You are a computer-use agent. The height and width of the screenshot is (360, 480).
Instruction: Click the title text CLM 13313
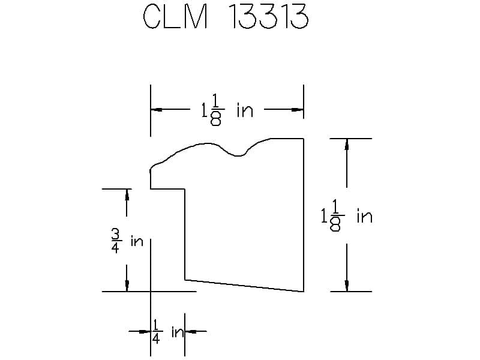tap(226, 18)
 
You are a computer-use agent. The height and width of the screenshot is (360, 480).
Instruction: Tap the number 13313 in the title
tap(268, 18)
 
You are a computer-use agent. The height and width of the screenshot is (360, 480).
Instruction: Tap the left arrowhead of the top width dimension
tap(157, 110)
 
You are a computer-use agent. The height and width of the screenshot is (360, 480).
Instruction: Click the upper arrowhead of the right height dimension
tap(346, 145)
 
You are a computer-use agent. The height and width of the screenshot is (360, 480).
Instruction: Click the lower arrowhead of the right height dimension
tap(346, 285)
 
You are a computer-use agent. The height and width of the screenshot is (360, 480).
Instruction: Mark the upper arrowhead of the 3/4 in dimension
tap(127, 195)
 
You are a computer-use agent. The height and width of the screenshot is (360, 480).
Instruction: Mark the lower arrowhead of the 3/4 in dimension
tap(127, 285)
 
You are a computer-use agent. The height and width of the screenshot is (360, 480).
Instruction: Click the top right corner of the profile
tap(303, 139)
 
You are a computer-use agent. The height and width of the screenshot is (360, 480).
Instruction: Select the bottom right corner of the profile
tap(303, 291)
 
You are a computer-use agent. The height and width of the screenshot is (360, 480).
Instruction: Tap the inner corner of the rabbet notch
tap(184, 189)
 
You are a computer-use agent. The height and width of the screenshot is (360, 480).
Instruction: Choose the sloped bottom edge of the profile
tap(243, 285)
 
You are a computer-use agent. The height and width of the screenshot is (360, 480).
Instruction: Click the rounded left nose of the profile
tap(152, 170)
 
